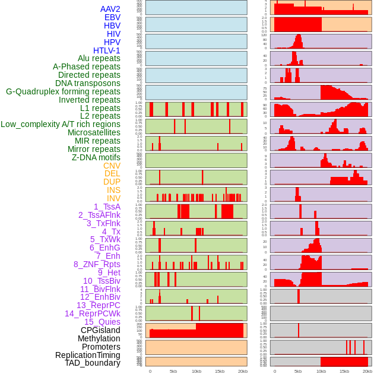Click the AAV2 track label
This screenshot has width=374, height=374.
coord(110,9)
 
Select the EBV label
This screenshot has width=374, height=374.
coord(112,17)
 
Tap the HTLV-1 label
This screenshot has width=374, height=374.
coord(107,50)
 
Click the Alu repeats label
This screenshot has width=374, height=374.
coord(99,58)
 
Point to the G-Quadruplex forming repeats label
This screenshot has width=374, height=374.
coord(63,91)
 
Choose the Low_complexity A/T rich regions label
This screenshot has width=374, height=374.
coord(61,124)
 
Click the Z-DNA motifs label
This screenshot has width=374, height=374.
coord(96,157)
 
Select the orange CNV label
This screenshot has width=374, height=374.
coord(112,166)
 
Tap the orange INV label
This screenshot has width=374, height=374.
coord(113,198)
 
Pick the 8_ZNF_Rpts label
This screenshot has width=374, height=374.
coord(97,264)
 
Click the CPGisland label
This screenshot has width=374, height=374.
coord(100,330)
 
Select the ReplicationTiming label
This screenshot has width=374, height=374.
coord(88,355)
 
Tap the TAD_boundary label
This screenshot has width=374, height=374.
coord(93,363)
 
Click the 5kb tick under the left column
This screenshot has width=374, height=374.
coord(173,371)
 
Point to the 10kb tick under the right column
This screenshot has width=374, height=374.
coord(321,371)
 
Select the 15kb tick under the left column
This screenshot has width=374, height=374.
coord(220,371)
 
